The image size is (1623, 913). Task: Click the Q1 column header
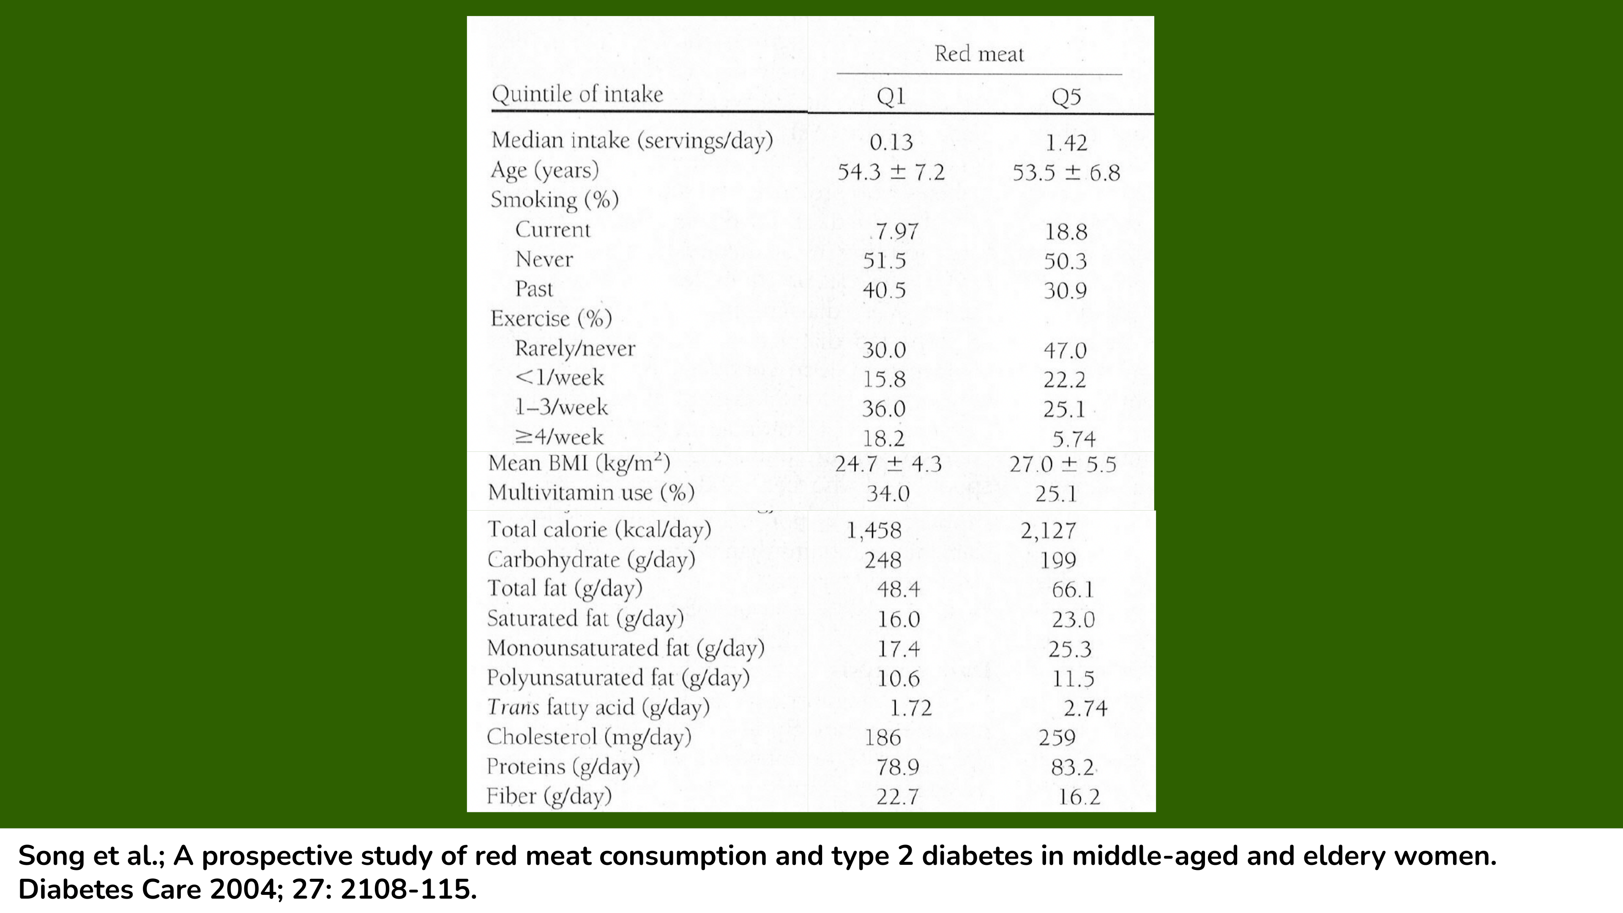click(x=891, y=96)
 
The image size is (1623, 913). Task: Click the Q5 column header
click(x=1066, y=97)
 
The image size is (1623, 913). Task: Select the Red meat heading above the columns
click(x=979, y=54)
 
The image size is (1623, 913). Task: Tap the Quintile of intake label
click(x=577, y=95)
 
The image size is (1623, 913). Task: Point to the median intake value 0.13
click(x=891, y=142)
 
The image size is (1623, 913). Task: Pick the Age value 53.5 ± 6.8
click(x=1066, y=172)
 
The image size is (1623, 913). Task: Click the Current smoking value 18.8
click(x=1066, y=232)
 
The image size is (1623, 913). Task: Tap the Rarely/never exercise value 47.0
click(x=1065, y=350)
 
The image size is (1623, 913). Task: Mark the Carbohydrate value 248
click(x=883, y=560)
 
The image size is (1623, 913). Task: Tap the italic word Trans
click(x=513, y=707)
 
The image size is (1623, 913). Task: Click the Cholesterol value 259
click(x=1057, y=737)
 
